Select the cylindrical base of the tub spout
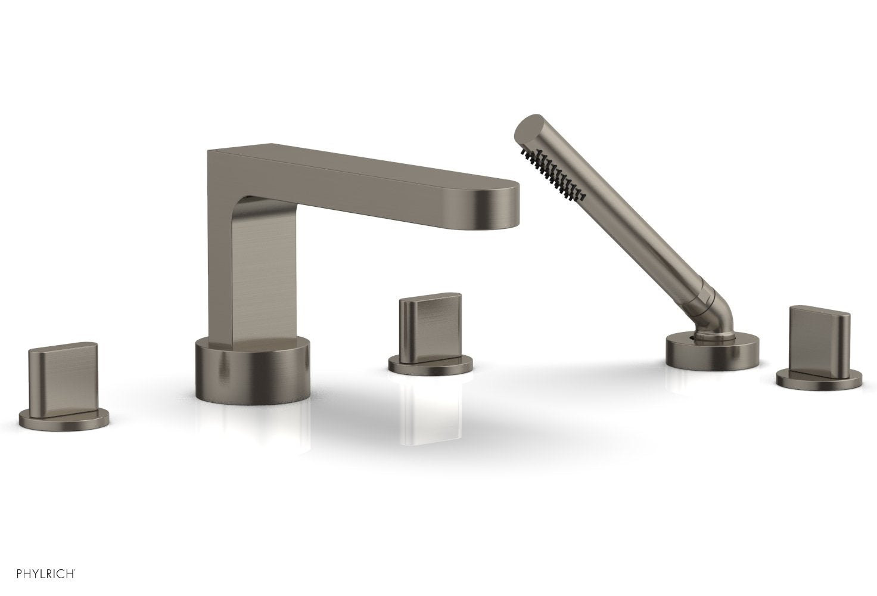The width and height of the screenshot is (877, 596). coord(253,371)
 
